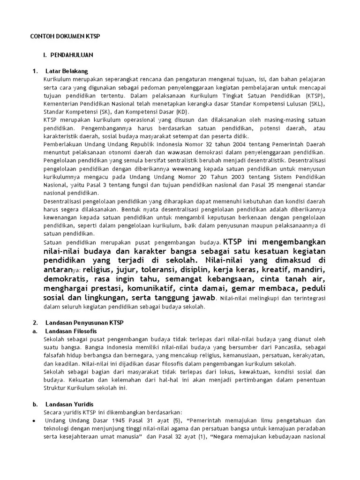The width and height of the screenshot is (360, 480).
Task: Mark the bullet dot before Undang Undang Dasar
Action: tap(34, 420)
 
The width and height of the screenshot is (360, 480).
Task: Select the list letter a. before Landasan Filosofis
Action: tap(34, 331)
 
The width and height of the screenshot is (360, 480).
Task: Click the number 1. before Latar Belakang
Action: tap(35, 71)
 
